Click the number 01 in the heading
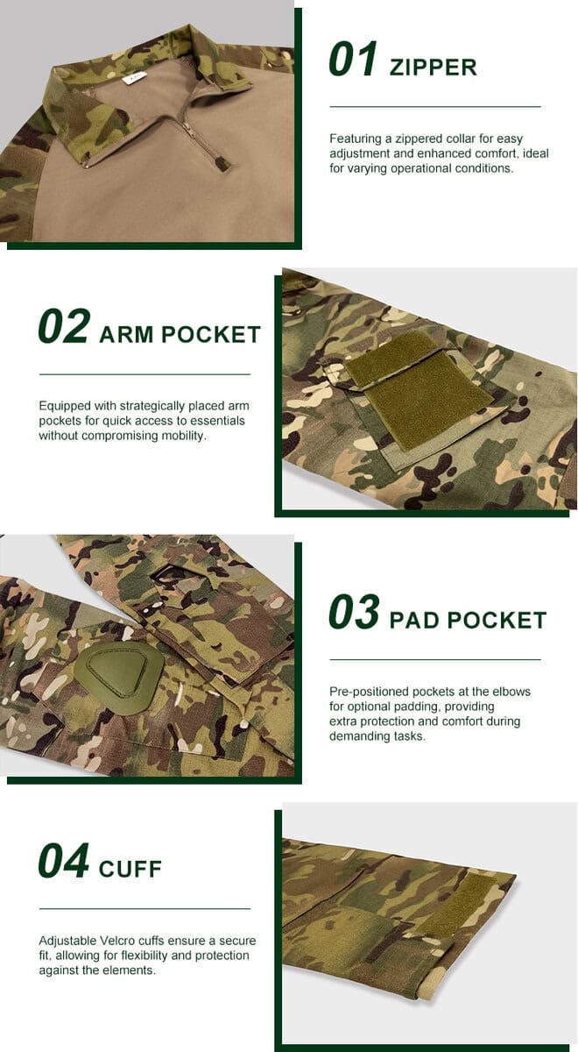(353, 60)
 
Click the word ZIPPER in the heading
(433, 68)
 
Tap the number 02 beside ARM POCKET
(64, 326)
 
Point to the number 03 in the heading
(354, 613)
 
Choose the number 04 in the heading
(64, 861)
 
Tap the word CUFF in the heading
(130, 870)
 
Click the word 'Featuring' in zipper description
(356, 139)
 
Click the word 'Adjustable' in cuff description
(68, 941)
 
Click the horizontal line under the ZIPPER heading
(434, 107)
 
